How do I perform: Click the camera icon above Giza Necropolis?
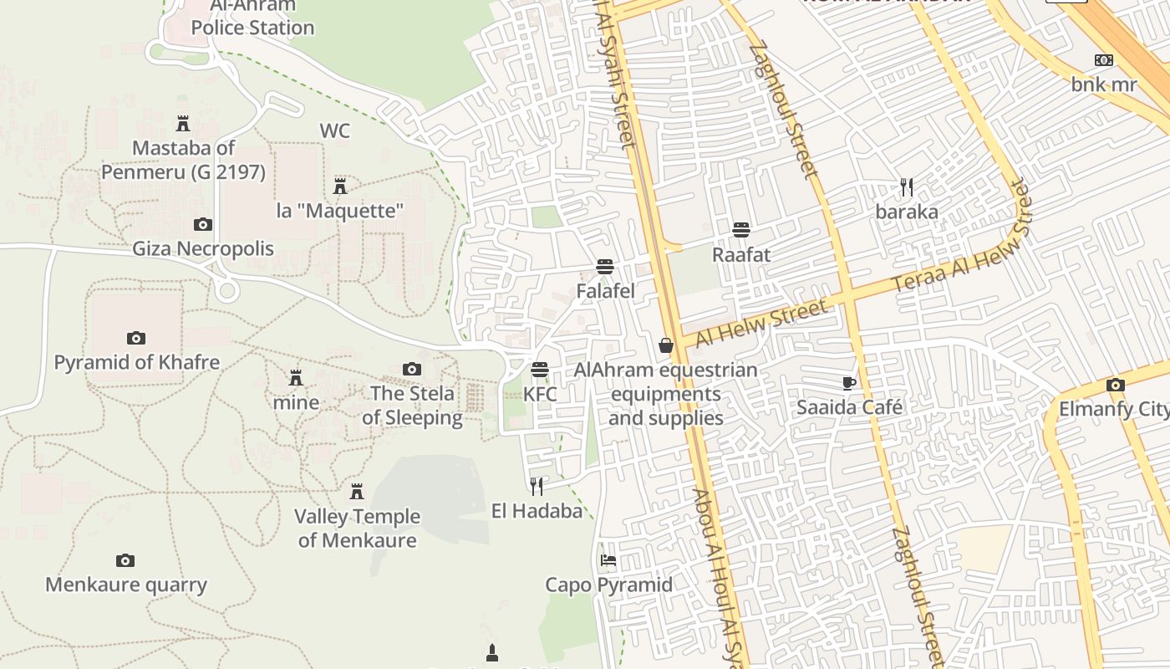(202, 224)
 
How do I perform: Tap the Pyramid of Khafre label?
(137, 362)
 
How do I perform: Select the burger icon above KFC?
(540, 369)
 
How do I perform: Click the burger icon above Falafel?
(605, 267)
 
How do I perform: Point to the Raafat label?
(740, 254)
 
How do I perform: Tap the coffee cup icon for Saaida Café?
(849, 383)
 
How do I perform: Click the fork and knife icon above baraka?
(907, 186)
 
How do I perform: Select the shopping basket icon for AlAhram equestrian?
(666, 345)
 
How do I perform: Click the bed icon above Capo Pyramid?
(608, 559)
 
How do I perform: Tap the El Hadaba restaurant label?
(537, 510)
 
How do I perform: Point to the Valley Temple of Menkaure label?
(357, 528)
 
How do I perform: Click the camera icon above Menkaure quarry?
(125, 560)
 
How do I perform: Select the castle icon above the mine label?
(295, 377)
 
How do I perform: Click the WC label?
(334, 130)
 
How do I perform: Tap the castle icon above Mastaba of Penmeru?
(183, 124)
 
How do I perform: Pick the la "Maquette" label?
(340, 210)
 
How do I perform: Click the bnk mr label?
(1104, 84)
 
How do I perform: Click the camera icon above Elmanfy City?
(1115, 385)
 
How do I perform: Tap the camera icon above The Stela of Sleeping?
(411, 369)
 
